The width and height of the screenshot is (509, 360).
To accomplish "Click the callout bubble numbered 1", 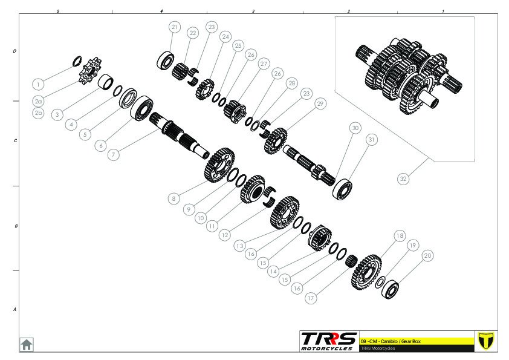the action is tap(38, 85).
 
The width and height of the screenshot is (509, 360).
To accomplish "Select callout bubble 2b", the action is tap(38, 113).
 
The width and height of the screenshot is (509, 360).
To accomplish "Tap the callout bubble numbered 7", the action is tap(113, 154).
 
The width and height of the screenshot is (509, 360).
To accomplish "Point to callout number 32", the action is tap(403, 178).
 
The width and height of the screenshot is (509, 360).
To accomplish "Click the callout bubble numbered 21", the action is tap(175, 27).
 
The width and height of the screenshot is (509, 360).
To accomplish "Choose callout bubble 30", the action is tap(355, 128).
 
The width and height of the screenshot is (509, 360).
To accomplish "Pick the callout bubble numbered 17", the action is tap(311, 298).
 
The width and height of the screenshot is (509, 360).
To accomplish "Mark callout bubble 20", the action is tap(428, 256).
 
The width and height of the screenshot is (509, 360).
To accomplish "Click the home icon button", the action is tap(27, 344).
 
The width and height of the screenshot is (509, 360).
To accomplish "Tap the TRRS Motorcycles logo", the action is tap(328, 341).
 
